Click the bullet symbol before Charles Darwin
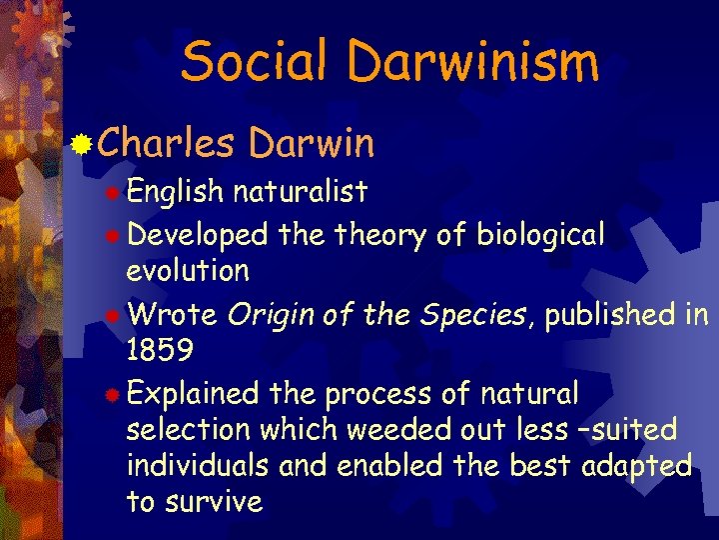84,145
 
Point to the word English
177,191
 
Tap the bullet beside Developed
115,236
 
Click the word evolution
188,270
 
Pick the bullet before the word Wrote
115,316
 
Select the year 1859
161,350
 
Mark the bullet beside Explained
115,395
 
